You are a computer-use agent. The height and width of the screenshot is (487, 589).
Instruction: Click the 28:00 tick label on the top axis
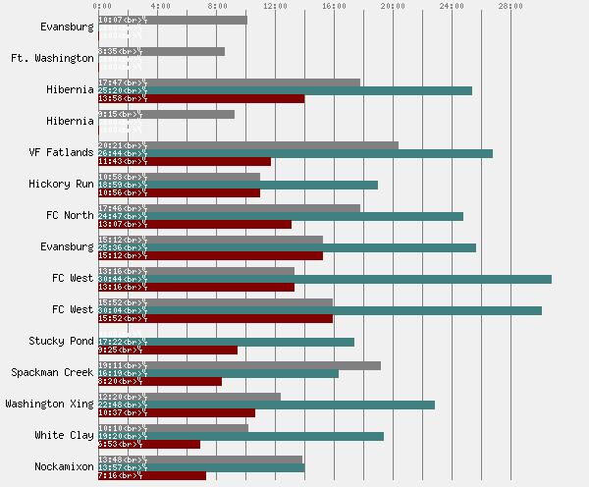pyautogui.click(x=510, y=6)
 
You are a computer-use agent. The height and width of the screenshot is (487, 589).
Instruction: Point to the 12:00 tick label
pyautogui.click(x=275, y=6)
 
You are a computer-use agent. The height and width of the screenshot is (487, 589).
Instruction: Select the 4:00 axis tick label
pyautogui.click(x=157, y=6)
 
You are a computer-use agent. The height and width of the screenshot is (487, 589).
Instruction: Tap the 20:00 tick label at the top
pyautogui.click(x=393, y=6)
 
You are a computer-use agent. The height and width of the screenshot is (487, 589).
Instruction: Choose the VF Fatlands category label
pyautogui.click(x=63, y=153)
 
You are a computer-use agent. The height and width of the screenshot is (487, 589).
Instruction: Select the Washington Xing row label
pyautogui.click(x=50, y=405)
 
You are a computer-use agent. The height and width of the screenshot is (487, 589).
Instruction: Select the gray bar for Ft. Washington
pyautogui.click(x=161, y=51)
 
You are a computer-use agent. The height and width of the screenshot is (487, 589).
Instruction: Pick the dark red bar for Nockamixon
pyautogui.click(x=152, y=476)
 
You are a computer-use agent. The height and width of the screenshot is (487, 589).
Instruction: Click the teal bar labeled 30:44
pyautogui.click(x=324, y=279)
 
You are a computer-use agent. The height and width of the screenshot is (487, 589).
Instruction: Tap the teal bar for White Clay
pyautogui.click(x=241, y=436)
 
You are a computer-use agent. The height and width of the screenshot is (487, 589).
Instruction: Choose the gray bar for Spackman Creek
pyautogui.click(x=240, y=365)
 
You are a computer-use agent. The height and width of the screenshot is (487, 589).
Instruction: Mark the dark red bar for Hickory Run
pyautogui.click(x=179, y=193)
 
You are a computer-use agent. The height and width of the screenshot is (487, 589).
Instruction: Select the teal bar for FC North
pyautogui.click(x=280, y=216)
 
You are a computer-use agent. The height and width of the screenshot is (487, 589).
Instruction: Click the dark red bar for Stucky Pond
pyautogui.click(x=168, y=351)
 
